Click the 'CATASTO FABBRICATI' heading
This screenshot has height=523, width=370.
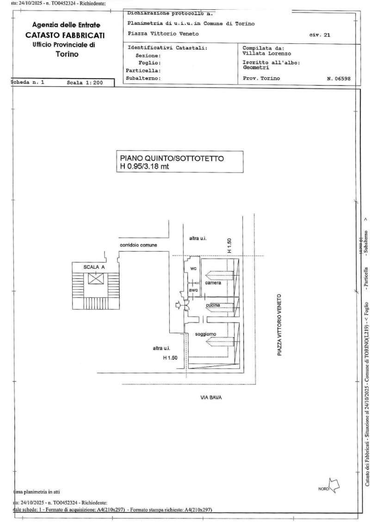point(65,35)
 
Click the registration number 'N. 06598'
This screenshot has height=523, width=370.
point(339,79)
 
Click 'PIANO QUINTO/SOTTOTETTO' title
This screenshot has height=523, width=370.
point(172,159)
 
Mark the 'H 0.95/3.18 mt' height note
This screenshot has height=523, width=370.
point(145,166)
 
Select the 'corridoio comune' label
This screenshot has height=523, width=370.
point(139,245)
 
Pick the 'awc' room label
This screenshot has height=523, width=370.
point(193,290)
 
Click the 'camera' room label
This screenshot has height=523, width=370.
point(213,283)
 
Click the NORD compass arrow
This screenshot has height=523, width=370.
point(335,485)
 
